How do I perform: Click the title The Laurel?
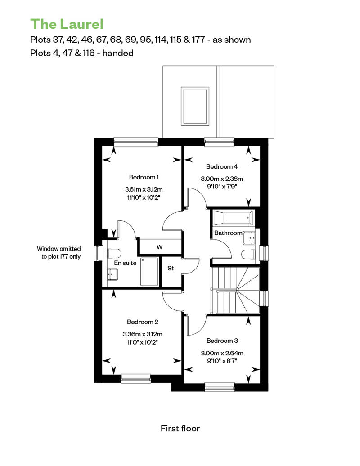(67, 24)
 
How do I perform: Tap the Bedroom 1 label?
(144, 177)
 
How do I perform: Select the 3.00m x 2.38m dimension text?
(222, 179)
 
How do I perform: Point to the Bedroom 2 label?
(142, 322)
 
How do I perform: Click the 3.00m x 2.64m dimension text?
(222, 353)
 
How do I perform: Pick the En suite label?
(125, 263)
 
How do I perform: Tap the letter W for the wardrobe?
(160, 247)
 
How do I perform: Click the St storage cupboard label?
(171, 268)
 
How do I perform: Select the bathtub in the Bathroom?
(234, 218)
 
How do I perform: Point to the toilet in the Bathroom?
(248, 255)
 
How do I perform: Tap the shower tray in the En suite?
(149, 272)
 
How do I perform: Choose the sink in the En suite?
(112, 274)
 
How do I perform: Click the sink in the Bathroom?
(249, 238)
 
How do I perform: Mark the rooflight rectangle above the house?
(195, 106)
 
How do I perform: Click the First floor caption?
(180, 428)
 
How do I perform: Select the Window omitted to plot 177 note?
(59, 253)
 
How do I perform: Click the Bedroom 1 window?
(136, 142)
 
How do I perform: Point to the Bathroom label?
(228, 233)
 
